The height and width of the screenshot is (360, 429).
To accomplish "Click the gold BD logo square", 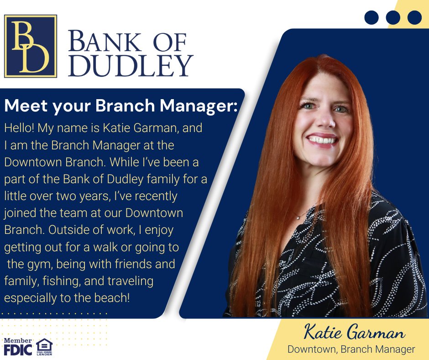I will pyautogui.click(x=31, y=46).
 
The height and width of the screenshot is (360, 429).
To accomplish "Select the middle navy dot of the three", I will pyautogui.click(x=393, y=17).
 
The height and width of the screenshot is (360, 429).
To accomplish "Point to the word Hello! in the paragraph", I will pyautogui.click(x=19, y=128).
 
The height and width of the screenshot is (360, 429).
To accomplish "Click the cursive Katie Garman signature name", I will pyautogui.click(x=353, y=333).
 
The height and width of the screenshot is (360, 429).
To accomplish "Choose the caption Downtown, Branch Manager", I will pyautogui.click(x=351, y=349).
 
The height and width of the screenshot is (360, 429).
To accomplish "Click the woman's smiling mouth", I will pyautogui.click(x=322, y=139).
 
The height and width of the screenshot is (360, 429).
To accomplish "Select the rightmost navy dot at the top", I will pyautogui.click(x=414, y=17).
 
